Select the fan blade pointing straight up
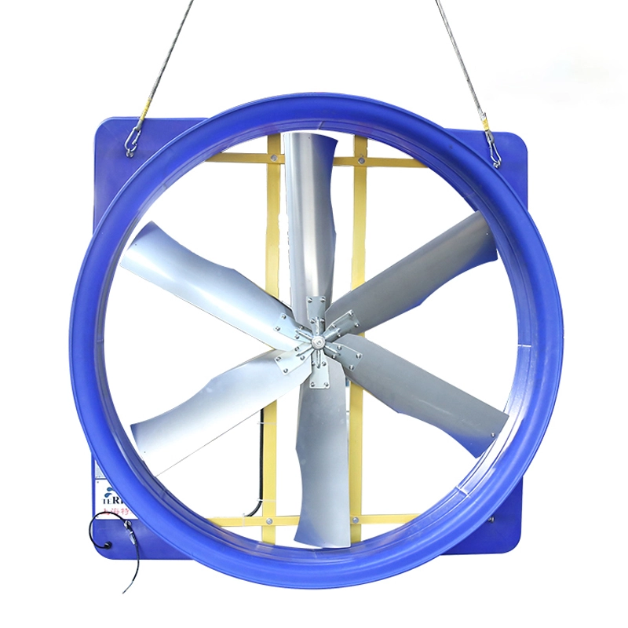[310, 212]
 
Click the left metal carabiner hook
[134, 140]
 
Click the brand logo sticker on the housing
[109, 498]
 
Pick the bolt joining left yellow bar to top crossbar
[272, 159]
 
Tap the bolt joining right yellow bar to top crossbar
[359, 162]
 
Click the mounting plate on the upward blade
[317, 308]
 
